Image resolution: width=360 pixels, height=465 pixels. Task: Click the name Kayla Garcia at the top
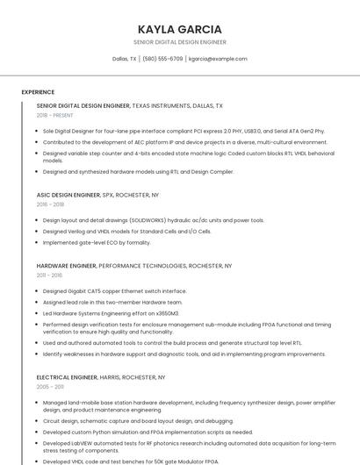point(179,29)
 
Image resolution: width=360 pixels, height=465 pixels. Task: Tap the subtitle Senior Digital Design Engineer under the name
point(179,42)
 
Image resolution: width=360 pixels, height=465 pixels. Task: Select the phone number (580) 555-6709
point(162,59)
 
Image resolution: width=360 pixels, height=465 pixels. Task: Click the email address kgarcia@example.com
point(218,59)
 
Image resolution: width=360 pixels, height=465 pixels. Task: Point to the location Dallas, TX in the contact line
point(125,59)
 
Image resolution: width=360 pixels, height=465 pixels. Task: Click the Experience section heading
point(38,92)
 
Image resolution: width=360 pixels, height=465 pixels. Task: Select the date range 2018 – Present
point(54,115)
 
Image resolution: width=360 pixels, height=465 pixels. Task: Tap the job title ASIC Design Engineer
point(68,195)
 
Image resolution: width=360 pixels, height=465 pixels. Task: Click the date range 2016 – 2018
point(50,204)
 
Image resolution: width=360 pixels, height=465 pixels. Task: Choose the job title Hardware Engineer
point(66,265)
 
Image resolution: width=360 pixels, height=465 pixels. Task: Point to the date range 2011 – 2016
point(49,275)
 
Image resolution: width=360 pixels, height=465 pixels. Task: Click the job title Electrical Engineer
point(68,376)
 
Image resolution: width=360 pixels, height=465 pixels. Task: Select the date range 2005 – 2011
point(50,386)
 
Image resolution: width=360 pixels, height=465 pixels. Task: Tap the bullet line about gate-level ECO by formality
point(97,242)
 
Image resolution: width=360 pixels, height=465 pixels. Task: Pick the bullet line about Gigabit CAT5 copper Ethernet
point(114,290)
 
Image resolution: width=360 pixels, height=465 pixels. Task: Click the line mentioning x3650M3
point(111,312)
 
